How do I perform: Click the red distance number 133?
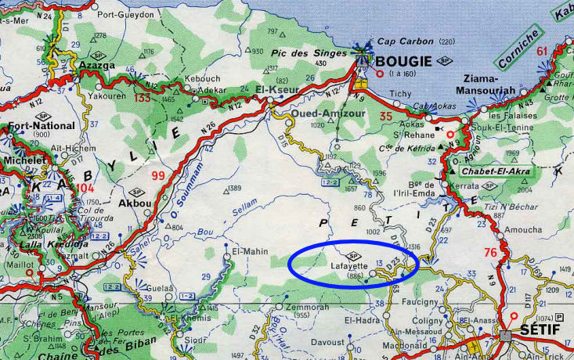tap(142, 98)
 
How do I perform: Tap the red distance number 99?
tap(158, 175)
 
